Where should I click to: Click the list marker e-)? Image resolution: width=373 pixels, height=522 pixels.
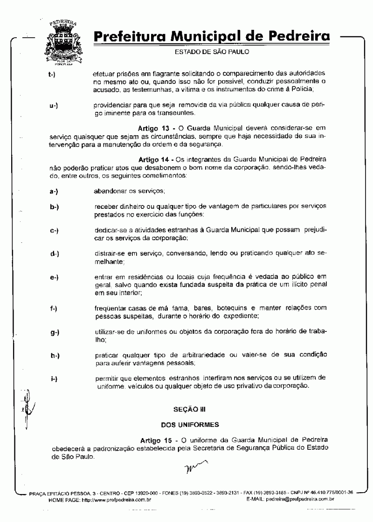(x=54, y=278)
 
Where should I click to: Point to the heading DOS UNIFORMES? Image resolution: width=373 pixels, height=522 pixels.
(x=189, y=425)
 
